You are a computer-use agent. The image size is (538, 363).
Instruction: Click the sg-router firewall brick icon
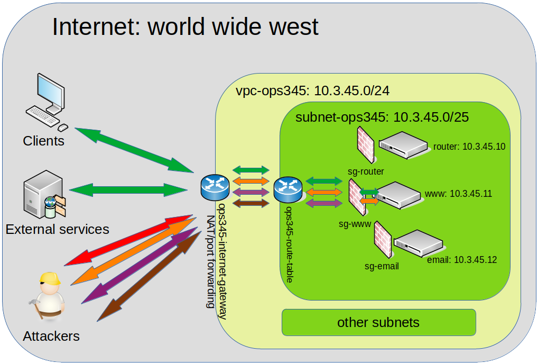[365, 143]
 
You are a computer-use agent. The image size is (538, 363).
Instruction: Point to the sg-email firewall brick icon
[382, 241]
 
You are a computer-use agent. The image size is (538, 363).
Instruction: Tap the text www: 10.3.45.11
[458, 194]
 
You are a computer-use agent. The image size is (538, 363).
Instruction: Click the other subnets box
[378, 322]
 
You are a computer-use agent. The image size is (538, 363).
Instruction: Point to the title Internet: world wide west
[185, 26]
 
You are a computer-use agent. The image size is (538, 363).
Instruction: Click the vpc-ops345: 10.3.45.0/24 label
[312, 91]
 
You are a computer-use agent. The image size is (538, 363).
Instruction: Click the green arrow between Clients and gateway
[134, 150]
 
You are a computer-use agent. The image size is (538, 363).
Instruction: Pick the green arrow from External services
[129, 189]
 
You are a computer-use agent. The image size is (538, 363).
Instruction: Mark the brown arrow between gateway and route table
[251, 203]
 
